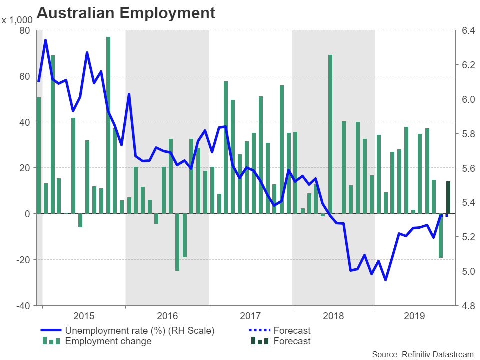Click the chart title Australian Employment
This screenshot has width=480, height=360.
[x=126, y=13]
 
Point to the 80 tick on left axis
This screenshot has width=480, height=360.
[x=24, y=31]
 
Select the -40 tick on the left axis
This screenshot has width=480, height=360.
[x=23, y=305]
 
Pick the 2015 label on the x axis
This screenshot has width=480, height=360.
[x=84, y=316]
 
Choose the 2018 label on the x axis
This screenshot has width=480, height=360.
[x=333, y=316]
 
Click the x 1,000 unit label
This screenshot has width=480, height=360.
[x=17, y=20]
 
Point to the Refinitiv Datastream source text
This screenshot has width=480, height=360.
[x=422, y=354]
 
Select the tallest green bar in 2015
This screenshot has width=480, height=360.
[x=108, y=125]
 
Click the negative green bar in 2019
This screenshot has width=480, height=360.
[x=441, y=236]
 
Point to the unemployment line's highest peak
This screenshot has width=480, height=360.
[x=45, y=40]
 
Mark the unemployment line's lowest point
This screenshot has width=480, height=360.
[x=385, y=280]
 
